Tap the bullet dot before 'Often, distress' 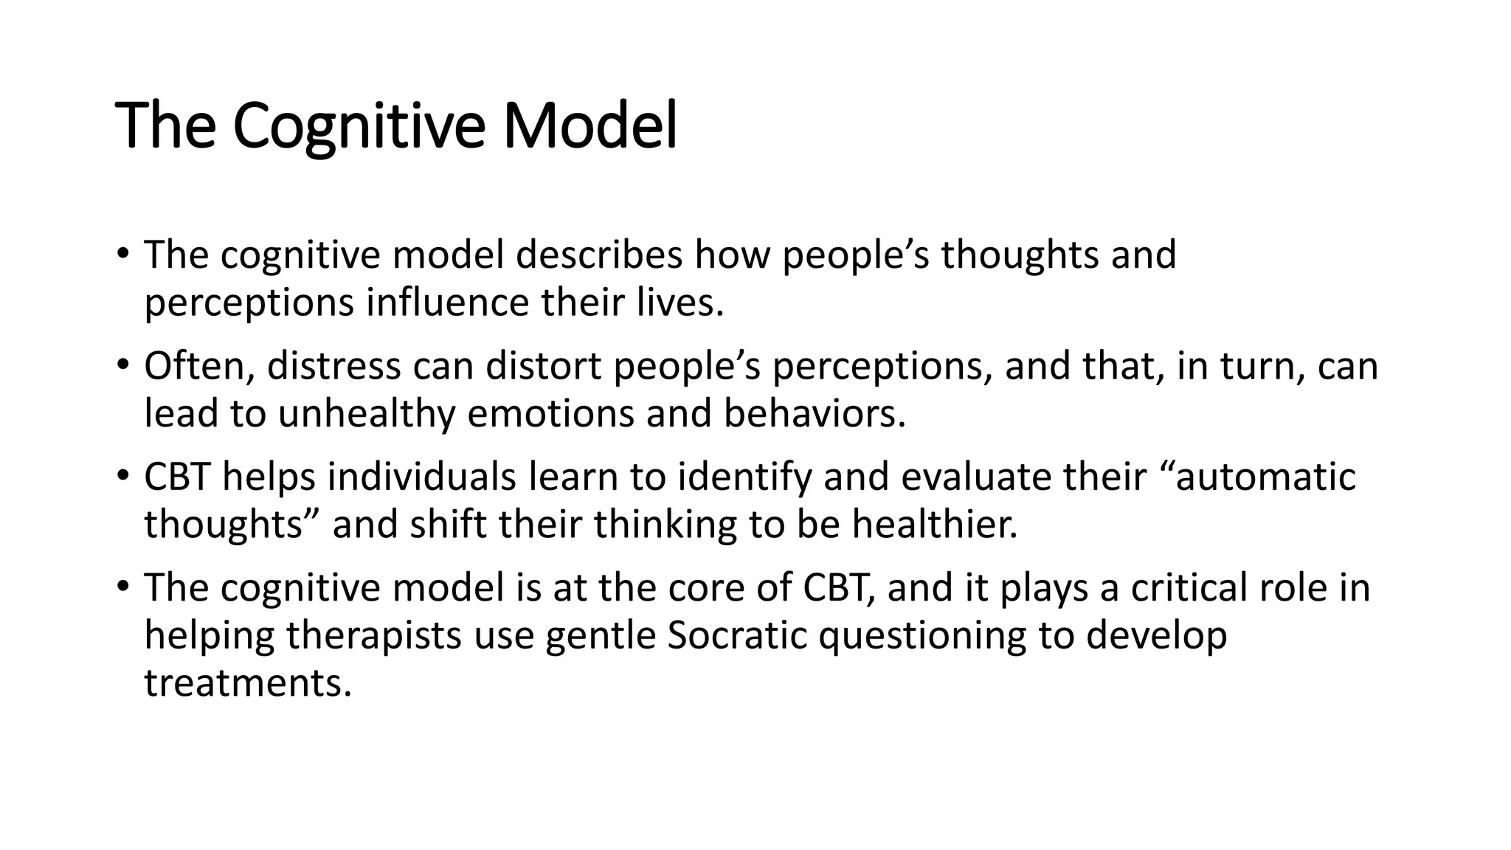tap(122, 364)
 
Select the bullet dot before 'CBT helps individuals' tap(122, 475)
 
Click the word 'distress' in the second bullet tap(333, 367)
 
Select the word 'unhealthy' tap(366, 414)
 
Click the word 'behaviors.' tap(815, 414)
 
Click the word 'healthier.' tap(935, 525)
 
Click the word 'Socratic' tap(737, 636)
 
